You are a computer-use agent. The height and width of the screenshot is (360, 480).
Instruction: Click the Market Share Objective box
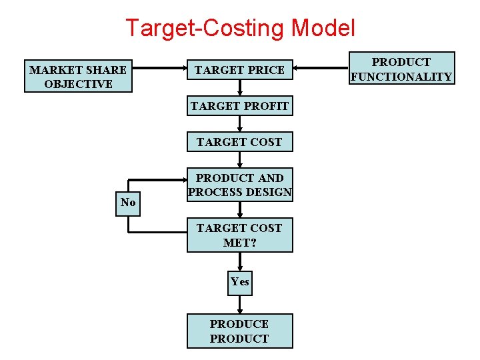(x=78, y=77)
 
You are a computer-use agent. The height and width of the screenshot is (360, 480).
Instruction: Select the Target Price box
(x=239, y=69)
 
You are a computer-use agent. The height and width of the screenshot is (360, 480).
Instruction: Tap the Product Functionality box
(x=401, y=69)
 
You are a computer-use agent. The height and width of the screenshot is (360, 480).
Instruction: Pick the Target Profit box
(x=239, y=106)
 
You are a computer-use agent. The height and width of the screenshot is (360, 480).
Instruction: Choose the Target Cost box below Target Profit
(x=239, y=142)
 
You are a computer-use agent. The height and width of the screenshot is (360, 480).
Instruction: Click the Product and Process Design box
(x=239, y=185)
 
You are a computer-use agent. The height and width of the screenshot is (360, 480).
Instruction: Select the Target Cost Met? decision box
(x=239, y=235)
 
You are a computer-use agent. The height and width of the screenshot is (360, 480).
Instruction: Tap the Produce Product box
(x=239, y=331)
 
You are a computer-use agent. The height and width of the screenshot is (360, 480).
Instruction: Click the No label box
(x=128, y=203)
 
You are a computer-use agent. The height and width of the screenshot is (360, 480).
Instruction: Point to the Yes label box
(x=239, y=282)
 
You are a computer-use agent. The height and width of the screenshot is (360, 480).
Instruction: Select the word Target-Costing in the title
(x=205, y=28)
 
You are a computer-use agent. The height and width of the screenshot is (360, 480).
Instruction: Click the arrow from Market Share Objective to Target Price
(x=159, y=69)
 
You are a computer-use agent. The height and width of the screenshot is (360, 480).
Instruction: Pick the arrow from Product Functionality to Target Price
(x=321, y=69)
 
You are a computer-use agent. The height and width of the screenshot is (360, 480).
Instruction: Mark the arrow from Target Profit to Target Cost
(x=239, y=123)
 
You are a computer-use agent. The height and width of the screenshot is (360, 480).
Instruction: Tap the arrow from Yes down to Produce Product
(x=239, y=303)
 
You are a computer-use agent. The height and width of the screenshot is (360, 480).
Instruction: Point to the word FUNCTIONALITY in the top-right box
(x=401, y=77)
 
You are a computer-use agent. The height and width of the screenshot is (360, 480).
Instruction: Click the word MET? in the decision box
(x=239, y=243)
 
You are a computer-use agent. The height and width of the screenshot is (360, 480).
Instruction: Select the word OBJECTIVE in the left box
(x=78, y=84)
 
